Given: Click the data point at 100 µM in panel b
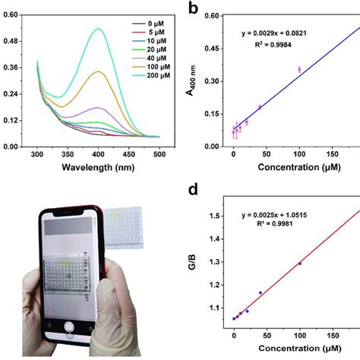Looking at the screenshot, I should point(299,69).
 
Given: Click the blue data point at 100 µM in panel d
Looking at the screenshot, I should point(300,264).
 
